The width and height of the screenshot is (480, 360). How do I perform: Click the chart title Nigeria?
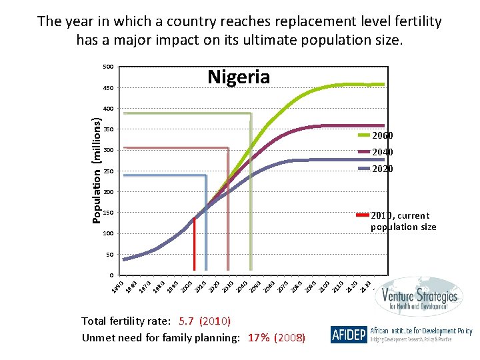pos(239,77)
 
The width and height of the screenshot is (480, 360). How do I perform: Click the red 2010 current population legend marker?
pos(363,215)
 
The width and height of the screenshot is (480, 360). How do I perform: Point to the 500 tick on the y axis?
pos(107,67)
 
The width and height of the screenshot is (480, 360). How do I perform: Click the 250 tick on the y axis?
pos(107,171)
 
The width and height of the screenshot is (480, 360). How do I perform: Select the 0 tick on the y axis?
pos(111,275)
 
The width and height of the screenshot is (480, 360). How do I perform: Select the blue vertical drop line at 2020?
pos(206,227)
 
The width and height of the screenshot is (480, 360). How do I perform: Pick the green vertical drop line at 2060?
pos(251,200)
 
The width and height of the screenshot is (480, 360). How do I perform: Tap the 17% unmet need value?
pos(259,337)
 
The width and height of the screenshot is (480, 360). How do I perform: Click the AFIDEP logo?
pos(348,335)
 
